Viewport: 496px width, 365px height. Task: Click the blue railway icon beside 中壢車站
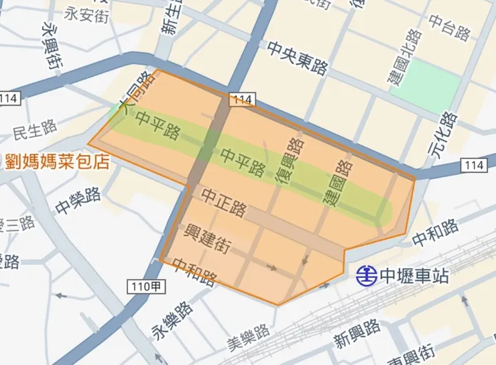[x=366, y=274]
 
